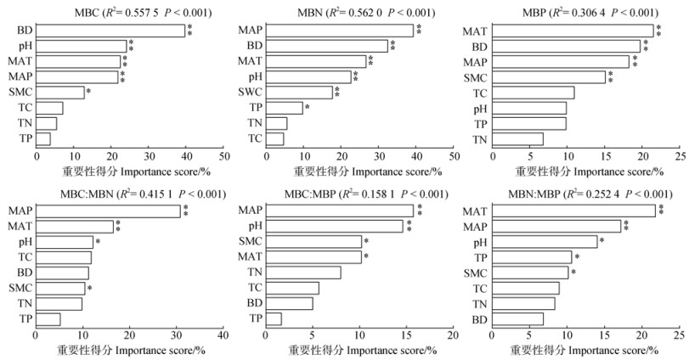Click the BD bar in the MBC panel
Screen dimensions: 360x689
(110, 31)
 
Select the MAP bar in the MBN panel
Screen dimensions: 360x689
(340, 31)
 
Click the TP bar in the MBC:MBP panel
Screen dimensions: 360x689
(274, 318)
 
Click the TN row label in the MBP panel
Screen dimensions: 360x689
(480, 138)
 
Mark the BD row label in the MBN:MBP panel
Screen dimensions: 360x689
(481, 318)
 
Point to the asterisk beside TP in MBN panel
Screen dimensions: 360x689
(307, 108)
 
